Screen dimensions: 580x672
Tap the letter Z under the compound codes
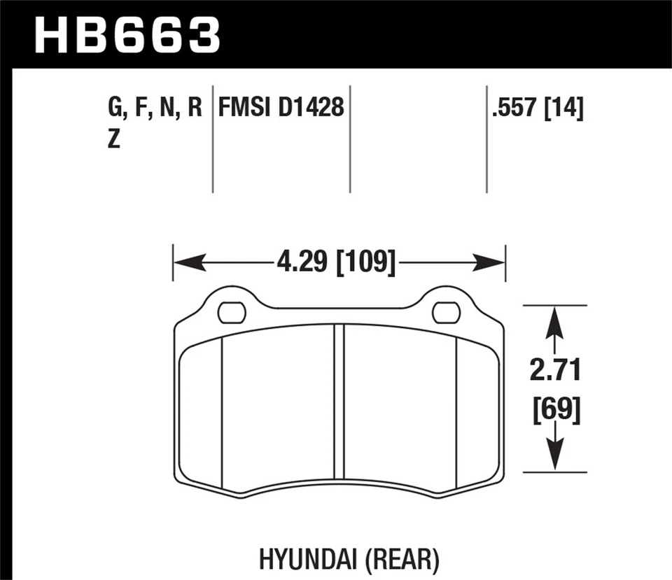[x=114, y=140]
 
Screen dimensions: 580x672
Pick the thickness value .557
[x=517, y=108]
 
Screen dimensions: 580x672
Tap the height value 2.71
[x=555, y=372]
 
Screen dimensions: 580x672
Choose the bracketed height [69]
[x=555, y=409]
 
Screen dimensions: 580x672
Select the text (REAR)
[x=402, y=559]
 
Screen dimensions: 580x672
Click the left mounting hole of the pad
[x=232, y=313]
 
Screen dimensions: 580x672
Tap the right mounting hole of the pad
[x=446, y=313]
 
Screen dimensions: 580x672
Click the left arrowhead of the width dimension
[x=183, y=264]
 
